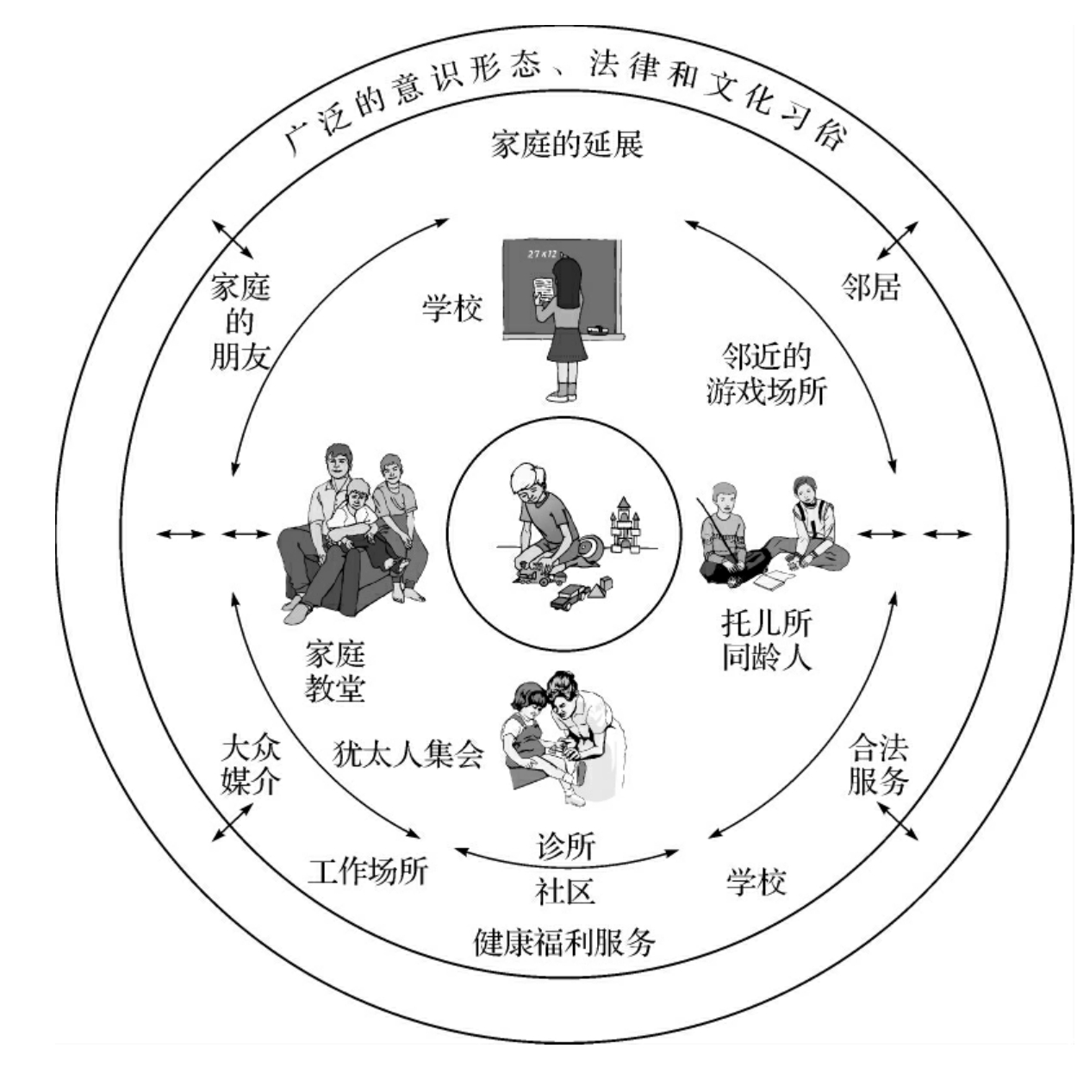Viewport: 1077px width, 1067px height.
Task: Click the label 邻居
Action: coord(870,287)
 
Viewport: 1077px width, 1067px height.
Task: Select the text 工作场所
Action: coord(368,871)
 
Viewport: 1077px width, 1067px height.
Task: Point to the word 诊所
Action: coord(565,845)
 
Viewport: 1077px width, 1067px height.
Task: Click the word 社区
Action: coord(565,890)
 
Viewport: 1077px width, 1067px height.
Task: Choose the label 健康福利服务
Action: coord(565,942)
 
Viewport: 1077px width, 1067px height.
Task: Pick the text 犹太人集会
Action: coord(408,755)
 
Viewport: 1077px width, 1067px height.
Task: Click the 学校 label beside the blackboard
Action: coord(452,308)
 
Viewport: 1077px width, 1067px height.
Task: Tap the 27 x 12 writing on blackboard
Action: coord(543,254)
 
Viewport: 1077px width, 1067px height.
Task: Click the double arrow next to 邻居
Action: coord(897,240)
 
